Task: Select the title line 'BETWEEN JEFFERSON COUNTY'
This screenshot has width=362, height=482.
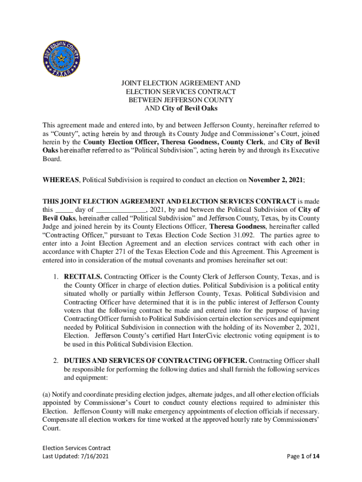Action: point(181,100)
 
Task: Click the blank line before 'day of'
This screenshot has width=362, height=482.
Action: point(64,210)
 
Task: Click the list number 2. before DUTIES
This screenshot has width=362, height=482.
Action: point(55,361)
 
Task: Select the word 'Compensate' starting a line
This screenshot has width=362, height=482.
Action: point(59,420)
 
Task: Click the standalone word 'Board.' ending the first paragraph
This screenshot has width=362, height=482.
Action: point(52,159)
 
